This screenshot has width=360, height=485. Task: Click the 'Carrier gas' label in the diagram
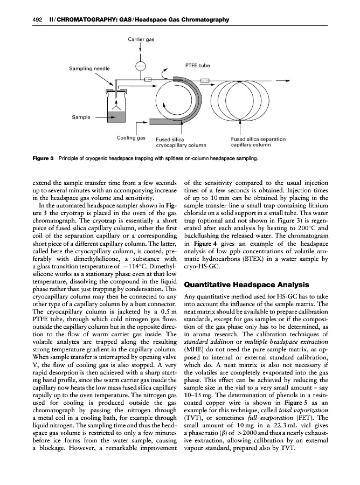tap(141, 40)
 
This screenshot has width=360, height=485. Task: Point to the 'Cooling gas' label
tap(131, 138)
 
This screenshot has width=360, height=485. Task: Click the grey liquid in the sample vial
tap(117, 115)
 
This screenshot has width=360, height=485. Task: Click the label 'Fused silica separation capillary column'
tap(258, 142)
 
